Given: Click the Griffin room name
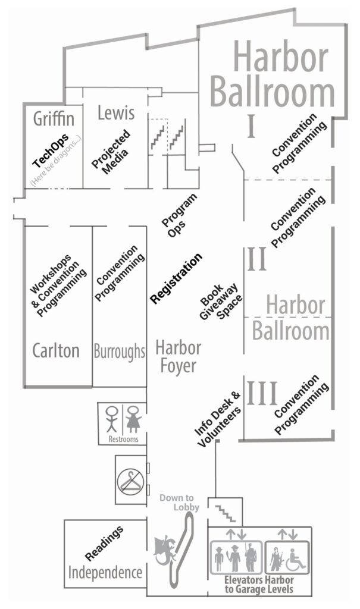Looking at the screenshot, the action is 54,118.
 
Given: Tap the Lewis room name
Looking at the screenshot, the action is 116,112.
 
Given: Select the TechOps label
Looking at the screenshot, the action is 51,150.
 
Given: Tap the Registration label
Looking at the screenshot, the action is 177,278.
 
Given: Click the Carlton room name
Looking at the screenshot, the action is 56,351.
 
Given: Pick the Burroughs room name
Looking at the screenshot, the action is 120,352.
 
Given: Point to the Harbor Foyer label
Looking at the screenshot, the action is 179,357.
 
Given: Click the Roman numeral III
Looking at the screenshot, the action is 262,394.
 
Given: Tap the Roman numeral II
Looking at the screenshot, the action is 256,259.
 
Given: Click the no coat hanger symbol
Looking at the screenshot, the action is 131,481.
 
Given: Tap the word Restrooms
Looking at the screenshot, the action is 123,440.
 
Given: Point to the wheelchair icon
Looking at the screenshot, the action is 296,560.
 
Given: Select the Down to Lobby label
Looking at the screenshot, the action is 179,503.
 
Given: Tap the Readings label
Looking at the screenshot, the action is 104,544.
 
